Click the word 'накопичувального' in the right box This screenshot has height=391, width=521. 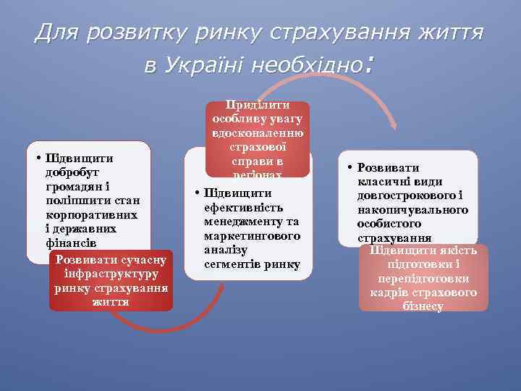412,210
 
